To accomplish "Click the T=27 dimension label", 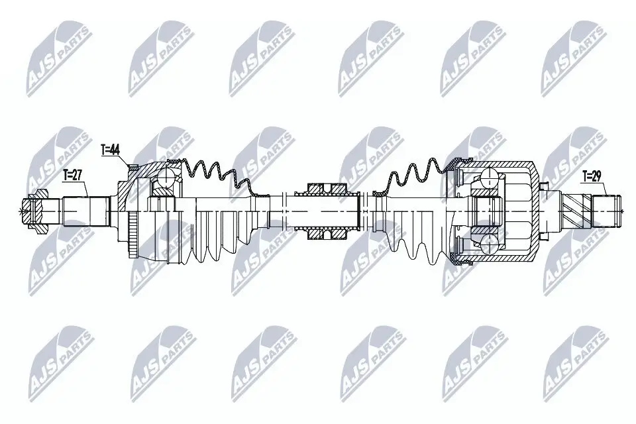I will click(x=72, y=175).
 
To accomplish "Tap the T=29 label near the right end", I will click(x=592, y=176).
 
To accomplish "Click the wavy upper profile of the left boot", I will click(x=212, y=169).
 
